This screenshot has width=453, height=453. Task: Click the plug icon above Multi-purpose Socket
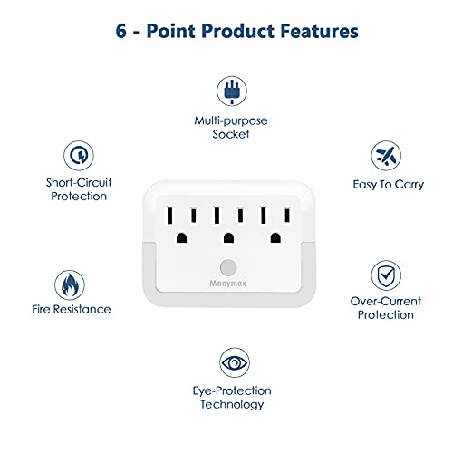[x=226, y=91]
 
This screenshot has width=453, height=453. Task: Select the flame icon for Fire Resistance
[x=68, y=283]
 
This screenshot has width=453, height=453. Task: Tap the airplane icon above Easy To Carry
[x=389, y=154]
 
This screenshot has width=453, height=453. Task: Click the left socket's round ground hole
[x=181, y=237]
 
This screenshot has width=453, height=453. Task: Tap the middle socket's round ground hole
[x=226, y=237]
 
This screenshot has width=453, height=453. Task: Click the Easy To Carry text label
[x=389, y=184]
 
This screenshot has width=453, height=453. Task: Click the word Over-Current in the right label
[x=382, y=301]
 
